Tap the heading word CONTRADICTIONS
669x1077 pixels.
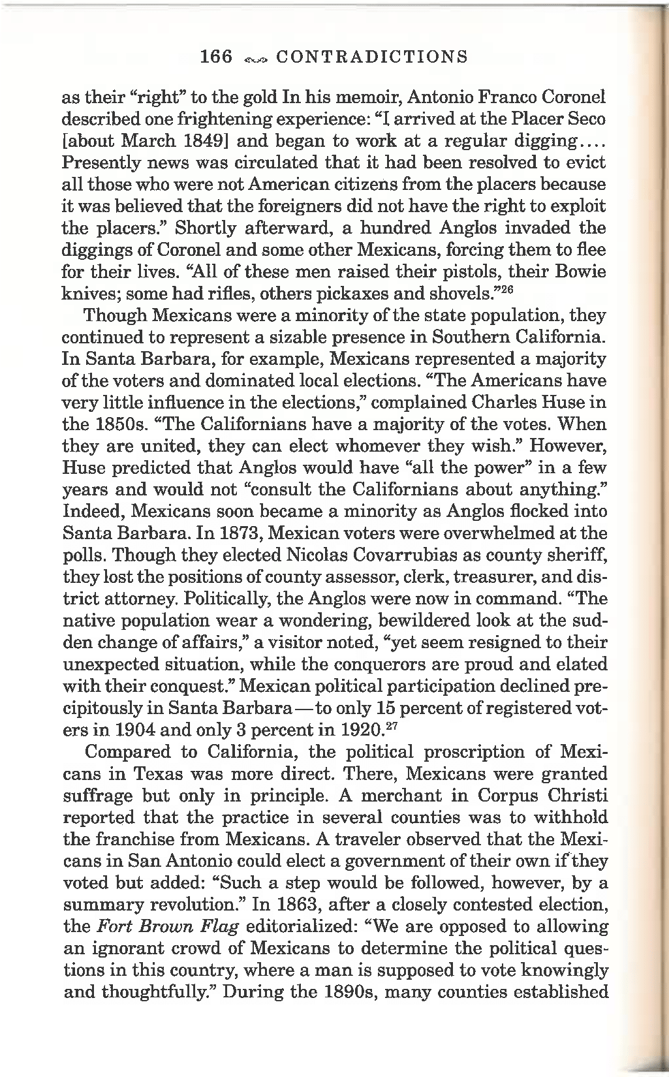coord(372,57)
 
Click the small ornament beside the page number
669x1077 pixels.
coord(255,58)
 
